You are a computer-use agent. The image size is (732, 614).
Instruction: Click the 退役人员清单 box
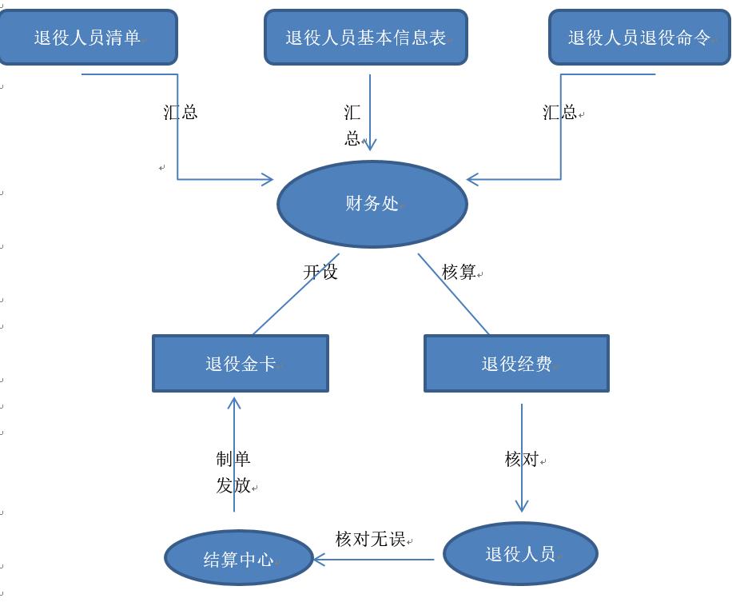click(x=88, y=38)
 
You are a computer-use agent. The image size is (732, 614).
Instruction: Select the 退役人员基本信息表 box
click(x=365, y=38)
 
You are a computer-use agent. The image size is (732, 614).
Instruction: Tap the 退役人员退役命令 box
click(x=639, y=38)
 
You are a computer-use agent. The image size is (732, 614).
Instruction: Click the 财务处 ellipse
click(x=372, y=204)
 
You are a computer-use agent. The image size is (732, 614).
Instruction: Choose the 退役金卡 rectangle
click(x=241, y=364)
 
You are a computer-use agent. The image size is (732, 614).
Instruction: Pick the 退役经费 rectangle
click(x=516, y=364)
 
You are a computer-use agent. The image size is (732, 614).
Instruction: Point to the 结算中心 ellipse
click(x=239, y=559)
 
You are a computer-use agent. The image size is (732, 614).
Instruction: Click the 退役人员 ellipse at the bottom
click(x=520, y=554)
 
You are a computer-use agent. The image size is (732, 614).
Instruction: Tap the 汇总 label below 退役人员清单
click(x=181, y=112)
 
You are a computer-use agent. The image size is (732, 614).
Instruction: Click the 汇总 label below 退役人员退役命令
click(x=559, y=112)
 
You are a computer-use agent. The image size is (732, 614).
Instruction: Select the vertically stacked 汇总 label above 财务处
click(x=352, y=126)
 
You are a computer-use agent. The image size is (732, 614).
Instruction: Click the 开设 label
click(x=320, y=272)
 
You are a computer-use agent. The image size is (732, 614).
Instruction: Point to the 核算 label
click(x=459, y=272)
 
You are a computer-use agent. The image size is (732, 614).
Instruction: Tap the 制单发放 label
click(x=233, y=472)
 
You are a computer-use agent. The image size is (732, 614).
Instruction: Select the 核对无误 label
click(x=370, y=539)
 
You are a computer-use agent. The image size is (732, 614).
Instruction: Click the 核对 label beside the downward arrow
click(x=522, y=459)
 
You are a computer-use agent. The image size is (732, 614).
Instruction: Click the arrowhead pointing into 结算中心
click(x=319, y=560)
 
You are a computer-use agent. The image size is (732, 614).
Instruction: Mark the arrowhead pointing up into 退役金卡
click(x=234, y=403)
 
